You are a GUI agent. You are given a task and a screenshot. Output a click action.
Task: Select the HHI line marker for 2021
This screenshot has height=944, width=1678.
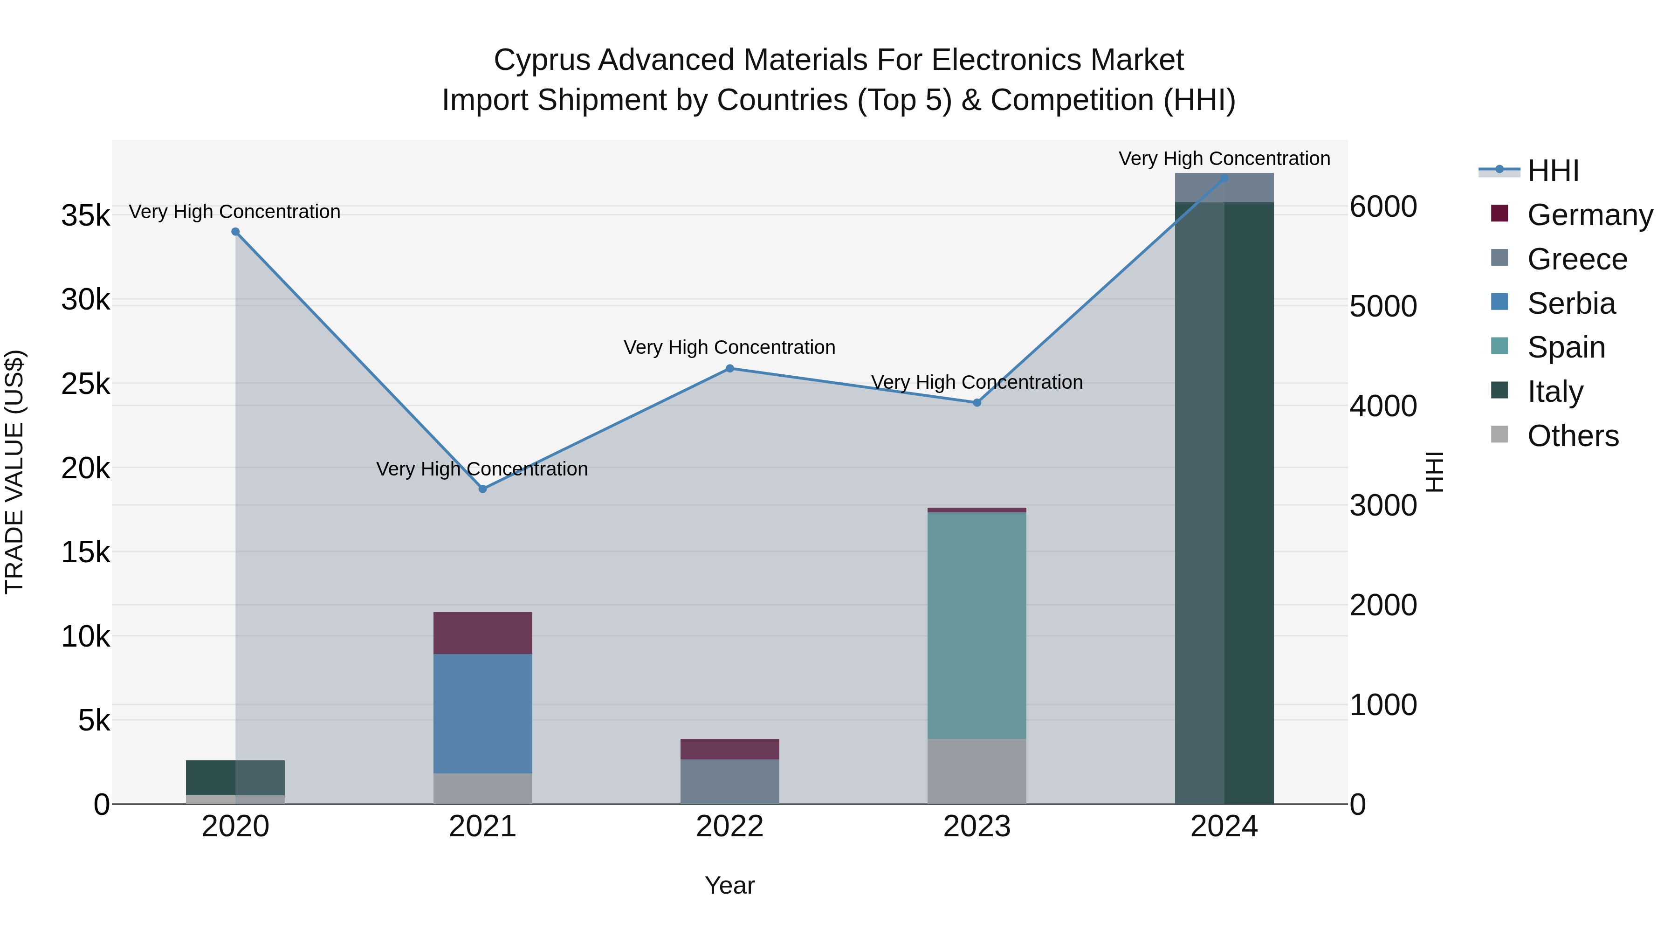point(483,489)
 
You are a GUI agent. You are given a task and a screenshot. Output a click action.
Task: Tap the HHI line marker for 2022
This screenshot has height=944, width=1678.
point(729,368)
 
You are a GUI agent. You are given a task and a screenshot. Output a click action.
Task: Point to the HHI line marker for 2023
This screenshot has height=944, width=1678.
point(977,403)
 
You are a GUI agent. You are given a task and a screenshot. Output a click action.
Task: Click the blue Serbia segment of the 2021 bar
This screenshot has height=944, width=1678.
point(483,713)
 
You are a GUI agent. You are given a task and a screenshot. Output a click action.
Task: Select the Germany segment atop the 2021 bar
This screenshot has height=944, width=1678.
point(483,633)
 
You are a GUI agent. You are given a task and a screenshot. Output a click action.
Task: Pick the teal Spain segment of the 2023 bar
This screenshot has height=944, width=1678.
point(977,626)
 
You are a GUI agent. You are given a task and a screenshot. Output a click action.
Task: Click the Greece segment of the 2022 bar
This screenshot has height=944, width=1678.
point(729,781)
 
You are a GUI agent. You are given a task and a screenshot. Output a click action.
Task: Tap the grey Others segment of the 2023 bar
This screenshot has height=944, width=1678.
point(977,772)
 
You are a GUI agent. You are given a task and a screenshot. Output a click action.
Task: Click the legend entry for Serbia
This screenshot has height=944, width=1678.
point(1570,303)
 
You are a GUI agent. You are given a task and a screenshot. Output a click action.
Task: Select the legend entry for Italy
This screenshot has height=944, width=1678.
point(1555,392)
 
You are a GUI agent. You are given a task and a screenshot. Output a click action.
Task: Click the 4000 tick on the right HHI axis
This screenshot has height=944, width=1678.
point(1383,406)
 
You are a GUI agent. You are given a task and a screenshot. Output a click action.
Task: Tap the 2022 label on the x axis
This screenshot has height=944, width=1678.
point(729,827)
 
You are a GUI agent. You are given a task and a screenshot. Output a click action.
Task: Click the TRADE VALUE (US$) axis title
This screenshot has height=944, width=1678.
point(14,472)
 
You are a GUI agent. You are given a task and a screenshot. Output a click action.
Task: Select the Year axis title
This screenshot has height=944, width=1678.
point(729,885)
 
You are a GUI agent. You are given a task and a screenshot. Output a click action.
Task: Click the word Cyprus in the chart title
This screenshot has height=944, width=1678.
point(542,60)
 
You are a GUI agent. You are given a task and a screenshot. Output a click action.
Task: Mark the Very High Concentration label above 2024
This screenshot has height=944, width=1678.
point(1224,158)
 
